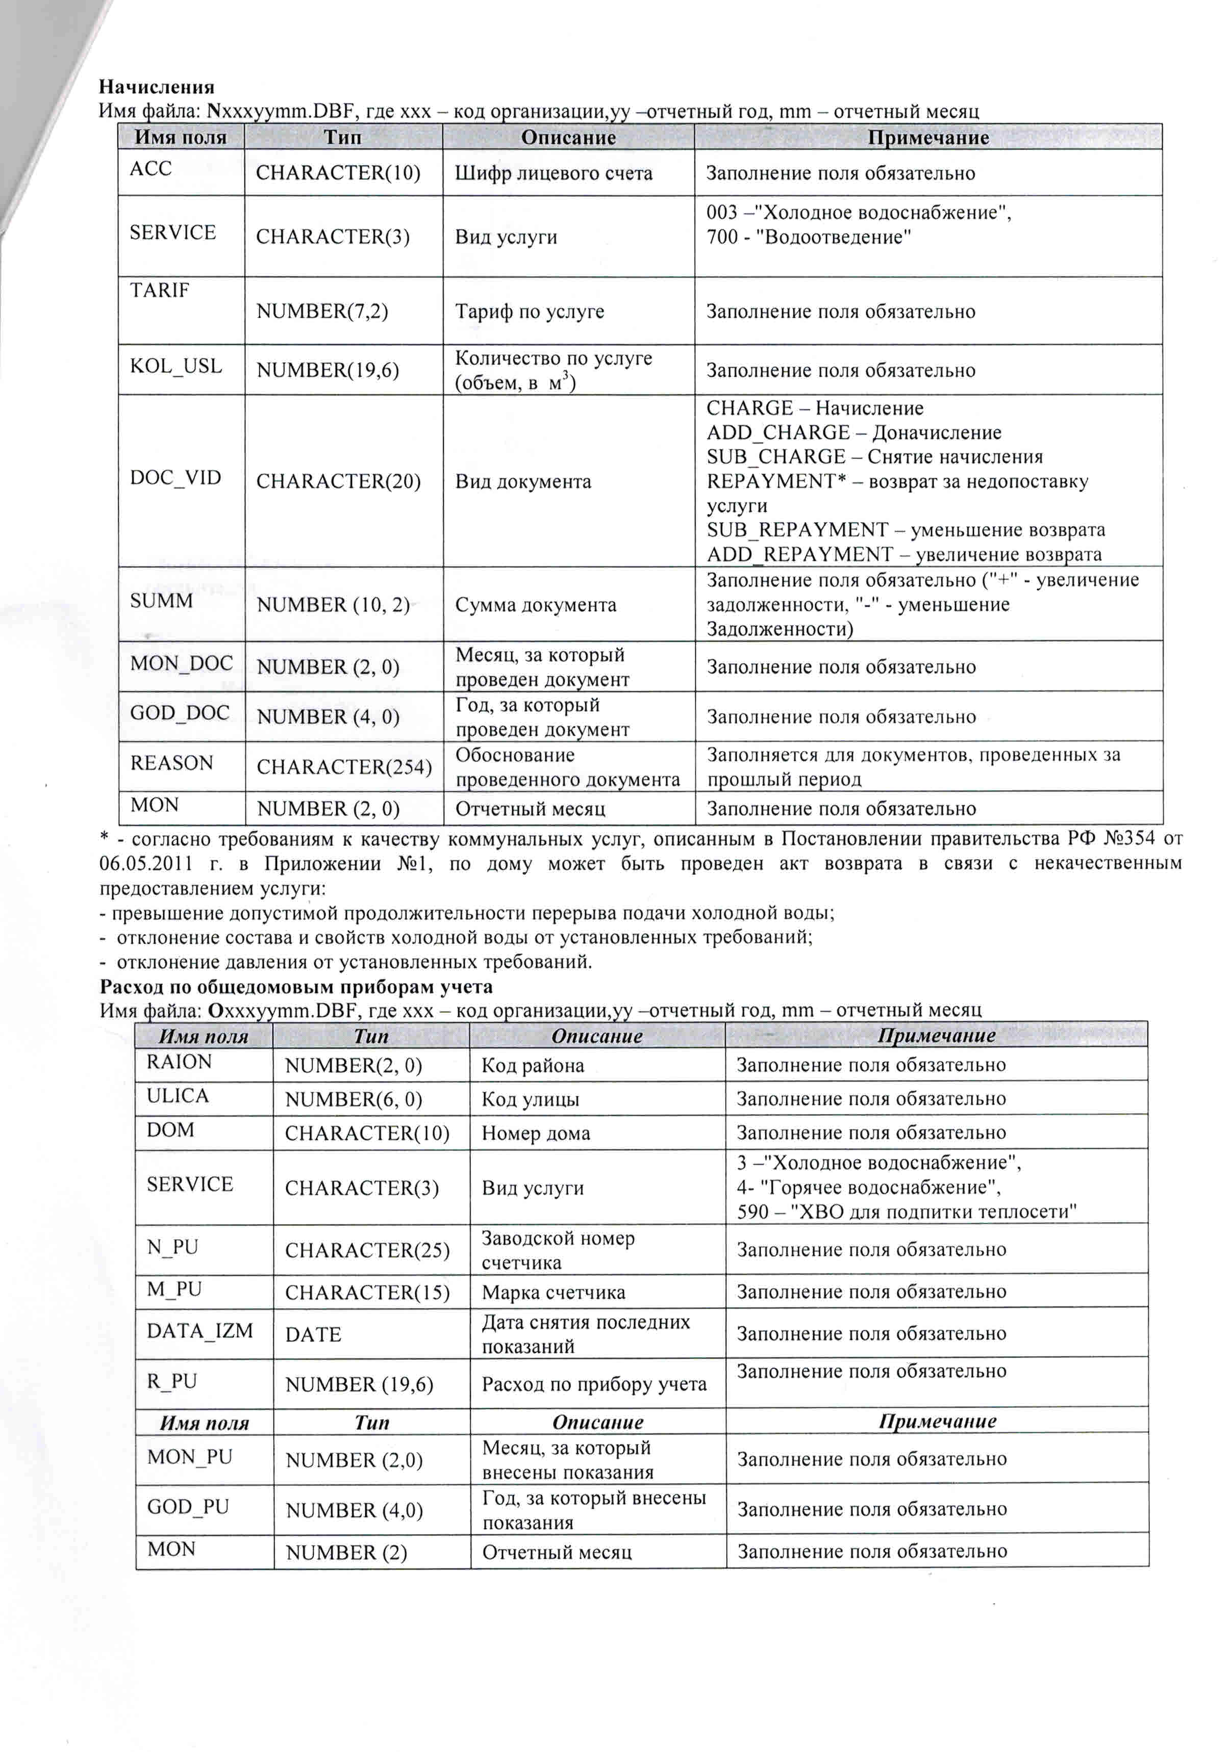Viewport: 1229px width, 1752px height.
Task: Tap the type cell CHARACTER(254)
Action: (x=343, y=767)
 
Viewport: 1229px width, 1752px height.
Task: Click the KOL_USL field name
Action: (x=175, y=366)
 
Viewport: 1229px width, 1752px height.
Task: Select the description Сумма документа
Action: (x=535, y=605)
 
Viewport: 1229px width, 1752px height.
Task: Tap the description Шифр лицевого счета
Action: (x=554, y=174)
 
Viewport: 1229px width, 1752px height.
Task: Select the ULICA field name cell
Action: (x=177, y=1096)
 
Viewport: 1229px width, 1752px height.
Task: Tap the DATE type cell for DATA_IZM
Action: (x=313, y=1334)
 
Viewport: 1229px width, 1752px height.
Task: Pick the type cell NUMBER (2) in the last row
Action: (x=346, y=1553)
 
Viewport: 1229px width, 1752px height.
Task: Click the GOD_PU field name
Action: (x=188, y=1507)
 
